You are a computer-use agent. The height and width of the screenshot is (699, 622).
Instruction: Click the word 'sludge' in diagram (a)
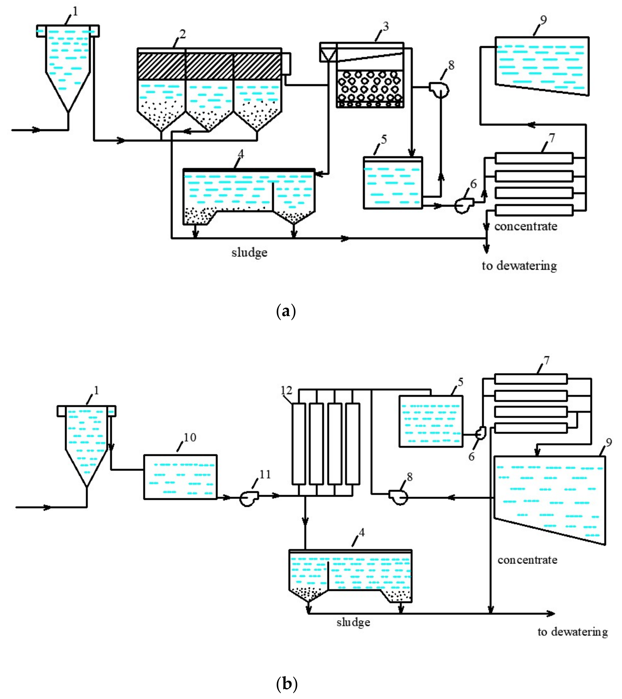pos(249,253)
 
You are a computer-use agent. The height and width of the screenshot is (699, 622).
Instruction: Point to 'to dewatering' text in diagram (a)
pos(519,266)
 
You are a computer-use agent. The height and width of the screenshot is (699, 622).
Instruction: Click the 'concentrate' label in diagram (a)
pos(525,226)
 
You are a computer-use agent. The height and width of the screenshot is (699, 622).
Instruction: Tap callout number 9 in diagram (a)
pos(543,20)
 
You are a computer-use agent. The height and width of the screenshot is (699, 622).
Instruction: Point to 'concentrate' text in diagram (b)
pos(527,560)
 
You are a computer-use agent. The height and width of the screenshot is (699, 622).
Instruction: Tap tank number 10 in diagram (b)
pos(180,477)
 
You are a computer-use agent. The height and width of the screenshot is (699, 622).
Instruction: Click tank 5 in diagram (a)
pos(393,183)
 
